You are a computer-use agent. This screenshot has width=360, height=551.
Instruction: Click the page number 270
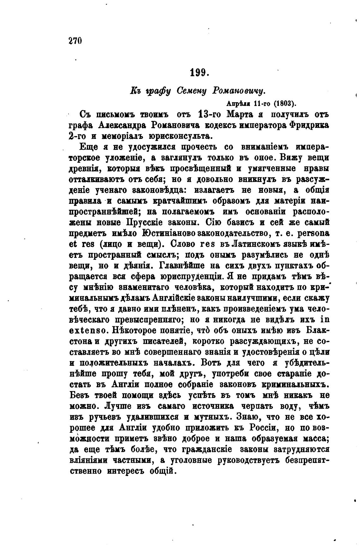(x=75, y=41)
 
